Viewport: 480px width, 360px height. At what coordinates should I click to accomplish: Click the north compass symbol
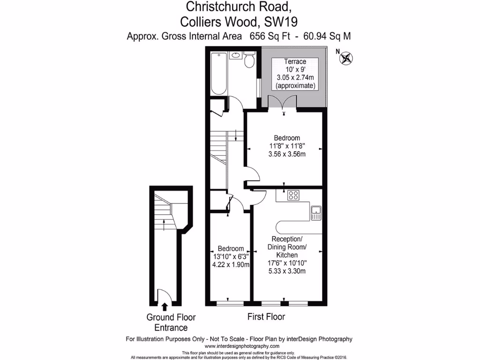[x=346, y=58]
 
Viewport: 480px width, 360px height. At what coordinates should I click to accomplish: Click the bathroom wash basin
[x=236, y=56]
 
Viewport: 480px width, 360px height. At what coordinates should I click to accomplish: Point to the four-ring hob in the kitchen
[x=294, y=195]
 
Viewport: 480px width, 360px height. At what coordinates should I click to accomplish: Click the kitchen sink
[x=316, y=213]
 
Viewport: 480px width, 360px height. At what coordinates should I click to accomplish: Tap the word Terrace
[x=295, y=61]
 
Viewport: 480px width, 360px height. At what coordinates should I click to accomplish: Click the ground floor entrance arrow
[x=165, y=307]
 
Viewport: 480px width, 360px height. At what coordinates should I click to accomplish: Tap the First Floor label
[x=266, y=317]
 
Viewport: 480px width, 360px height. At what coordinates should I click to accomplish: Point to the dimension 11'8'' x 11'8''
[x=287, y=146]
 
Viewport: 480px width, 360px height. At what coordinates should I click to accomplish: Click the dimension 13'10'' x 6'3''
[x=231, y=256]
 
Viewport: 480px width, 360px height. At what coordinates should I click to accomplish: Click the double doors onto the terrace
[x=283, y=102]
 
